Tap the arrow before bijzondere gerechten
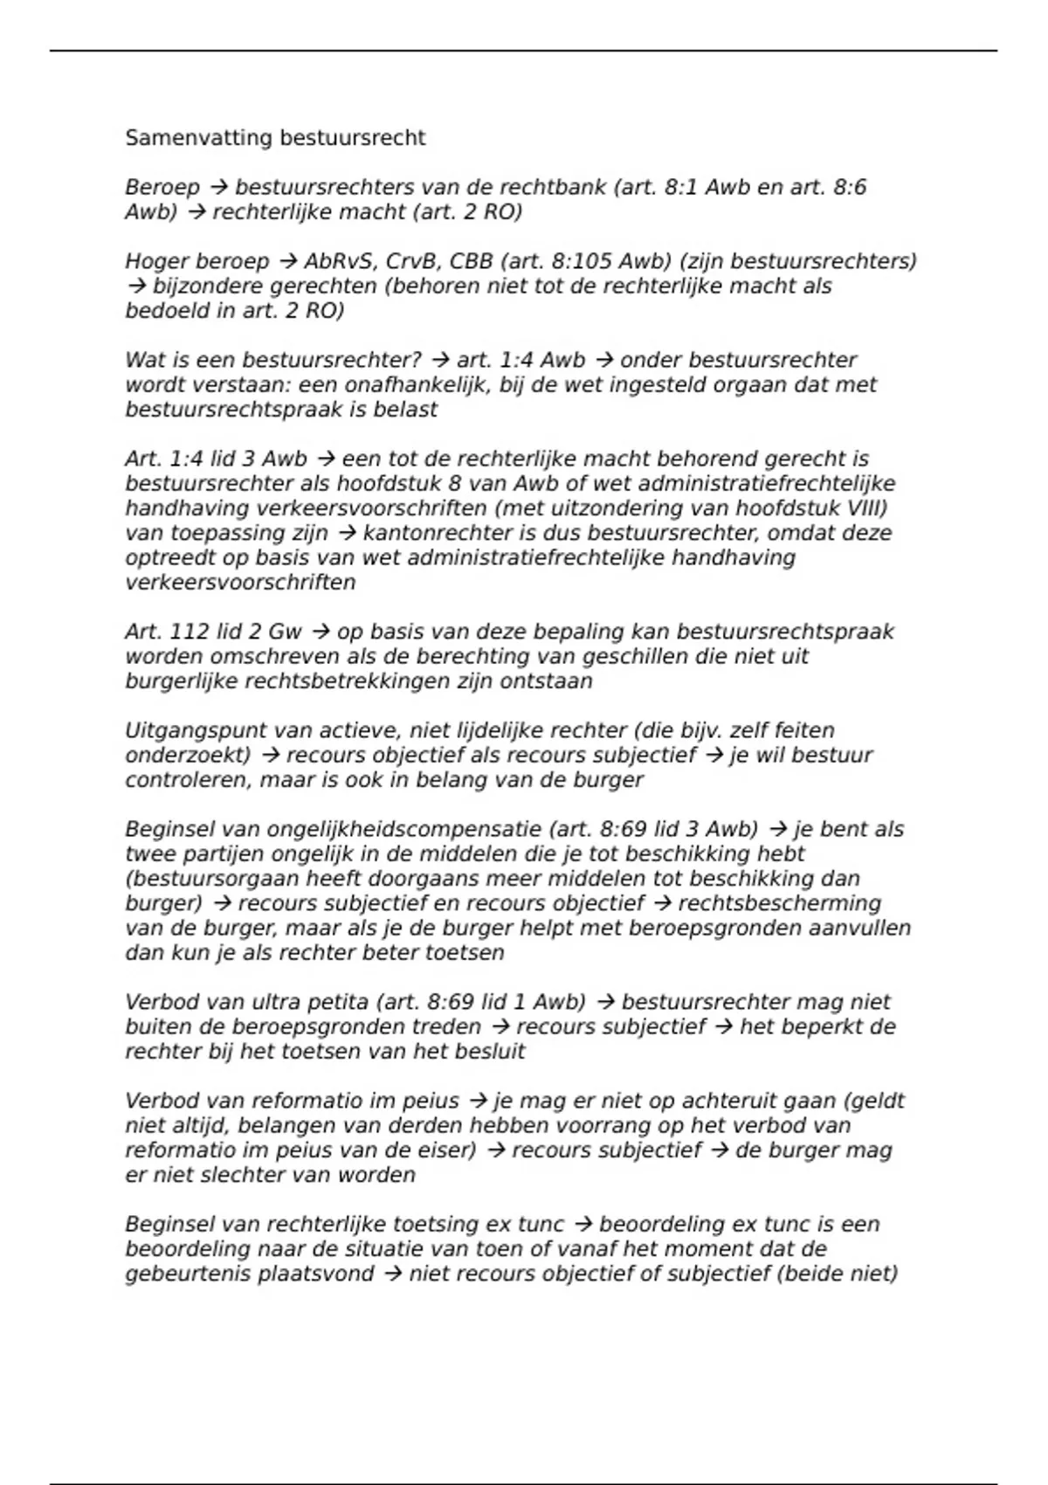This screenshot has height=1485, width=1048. coord(135,286)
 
